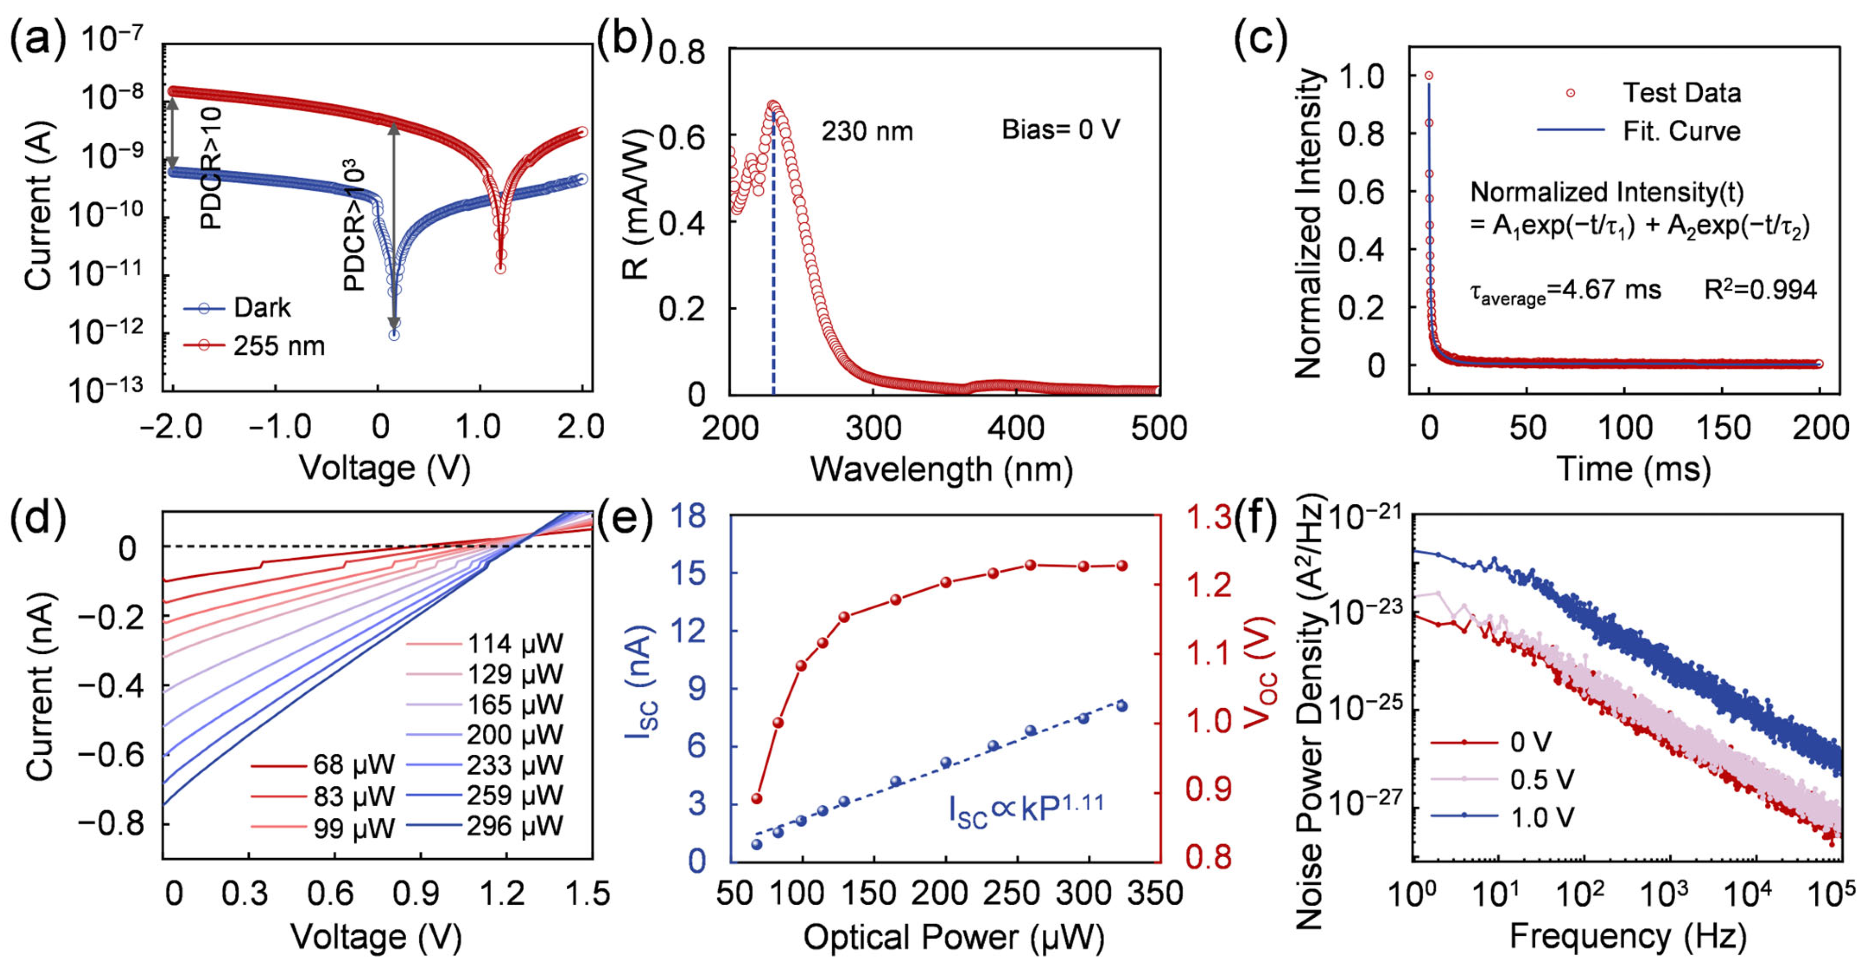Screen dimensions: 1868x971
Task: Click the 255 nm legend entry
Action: (253, 346)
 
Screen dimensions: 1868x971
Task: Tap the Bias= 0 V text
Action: (1061, 130)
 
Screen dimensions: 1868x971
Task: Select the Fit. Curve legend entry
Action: (1639, 131)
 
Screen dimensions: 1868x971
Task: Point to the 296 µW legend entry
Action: (484, 826)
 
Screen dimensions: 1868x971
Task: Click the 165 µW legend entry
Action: (484, 704)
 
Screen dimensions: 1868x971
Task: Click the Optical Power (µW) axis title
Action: (954, 937)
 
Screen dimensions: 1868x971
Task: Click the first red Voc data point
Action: (756, 798)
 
